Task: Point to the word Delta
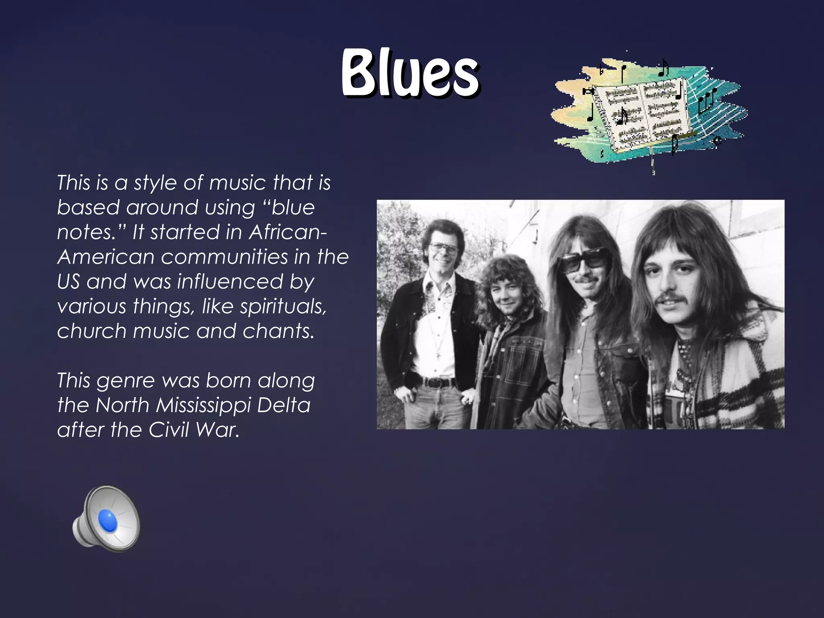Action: (284, 405)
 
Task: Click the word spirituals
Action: (283, 307)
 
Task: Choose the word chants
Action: (278, 331)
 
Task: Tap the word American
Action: (106, 257)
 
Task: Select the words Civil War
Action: (194, 430)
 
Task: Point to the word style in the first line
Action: (155, 183)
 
